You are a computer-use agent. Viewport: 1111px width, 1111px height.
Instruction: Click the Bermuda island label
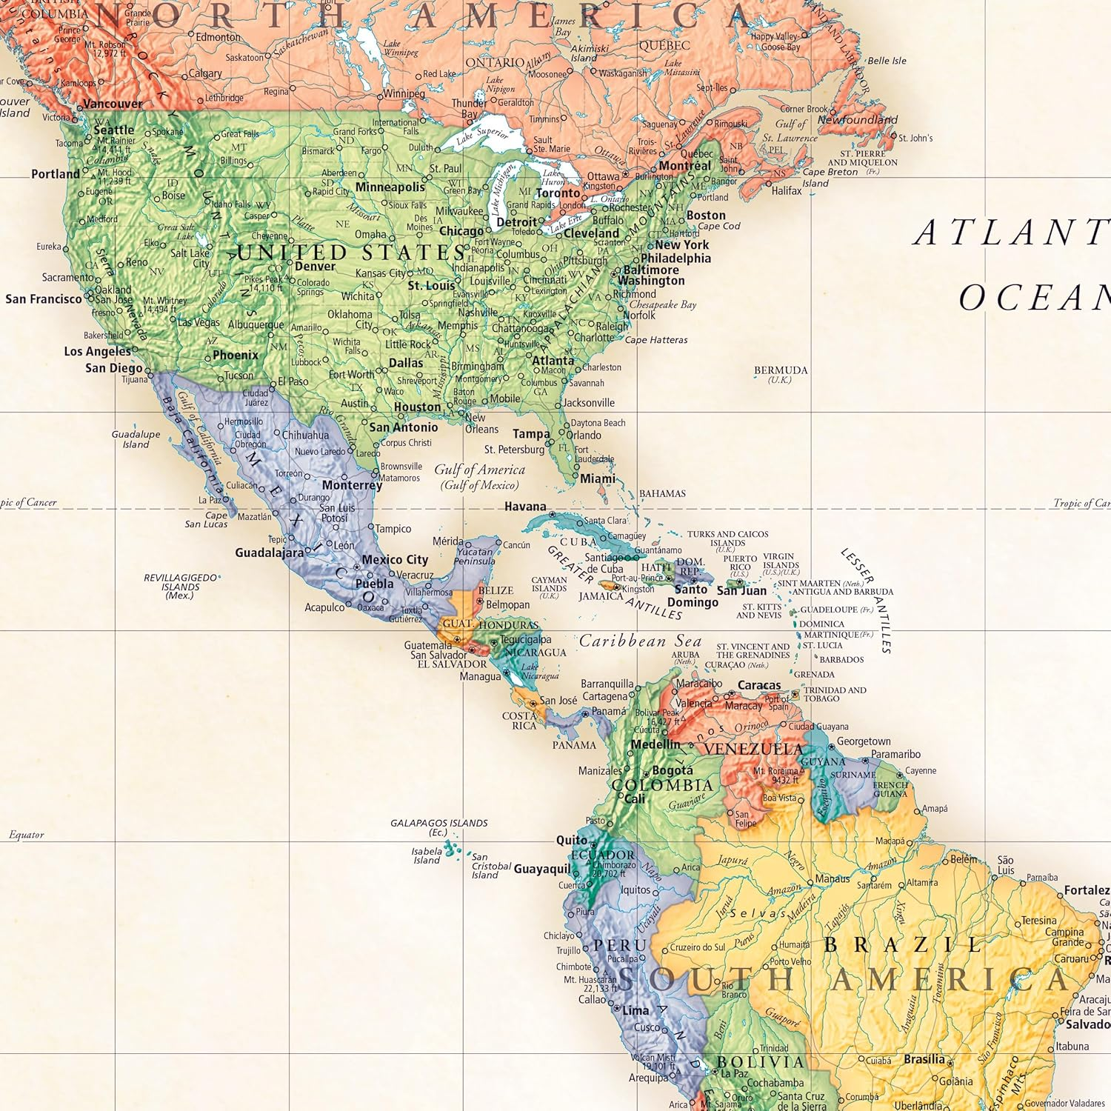[x=780, y=370]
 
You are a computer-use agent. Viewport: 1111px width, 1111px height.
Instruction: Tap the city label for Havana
[x=524, y=507]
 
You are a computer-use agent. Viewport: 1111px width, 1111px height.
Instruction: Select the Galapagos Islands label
[x=438, y=823]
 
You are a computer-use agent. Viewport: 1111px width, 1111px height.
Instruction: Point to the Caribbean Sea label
[x=640, y=641]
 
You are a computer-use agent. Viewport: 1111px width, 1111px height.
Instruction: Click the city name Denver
[x=315, y=267]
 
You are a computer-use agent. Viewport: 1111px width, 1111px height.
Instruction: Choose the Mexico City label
[x=395, y=560]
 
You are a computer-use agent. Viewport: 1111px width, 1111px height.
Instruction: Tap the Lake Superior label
[x=482, y=136]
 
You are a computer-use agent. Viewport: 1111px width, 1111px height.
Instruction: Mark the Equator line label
[x=27, y=835]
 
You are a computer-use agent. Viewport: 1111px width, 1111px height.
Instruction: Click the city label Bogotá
[x=672, y=770]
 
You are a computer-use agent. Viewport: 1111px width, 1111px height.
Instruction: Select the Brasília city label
[x=924, y=1059]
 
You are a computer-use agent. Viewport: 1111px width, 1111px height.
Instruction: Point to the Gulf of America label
[x=479, y=470]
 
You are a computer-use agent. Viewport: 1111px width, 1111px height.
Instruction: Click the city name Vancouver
[x=113, y=104]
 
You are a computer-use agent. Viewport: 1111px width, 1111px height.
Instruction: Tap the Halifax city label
[x=786, y=190]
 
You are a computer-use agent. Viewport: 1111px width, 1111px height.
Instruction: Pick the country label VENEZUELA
[x=753, y=749]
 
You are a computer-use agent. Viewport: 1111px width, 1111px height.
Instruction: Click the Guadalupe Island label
[x=136, y=439]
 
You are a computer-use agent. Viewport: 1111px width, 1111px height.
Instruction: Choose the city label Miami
[x=597, y=478]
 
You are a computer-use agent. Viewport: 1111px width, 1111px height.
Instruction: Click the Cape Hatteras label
[x=655, y=340]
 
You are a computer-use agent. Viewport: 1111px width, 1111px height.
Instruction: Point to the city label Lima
[x=635, y=1010]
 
